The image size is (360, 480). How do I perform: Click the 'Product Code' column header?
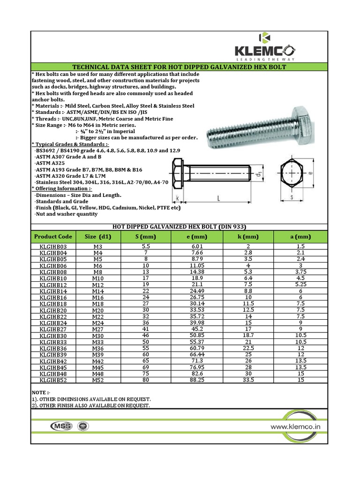(x=53, y=237)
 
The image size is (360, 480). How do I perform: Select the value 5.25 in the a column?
(x=300, y=285)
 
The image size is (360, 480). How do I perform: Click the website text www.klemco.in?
(x=295, y=427)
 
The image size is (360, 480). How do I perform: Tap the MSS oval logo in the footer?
(x=60, y=426)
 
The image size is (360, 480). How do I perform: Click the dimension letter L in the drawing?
(x=218, y=199)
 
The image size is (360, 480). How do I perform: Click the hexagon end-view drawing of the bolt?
(x=291, y=172)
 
